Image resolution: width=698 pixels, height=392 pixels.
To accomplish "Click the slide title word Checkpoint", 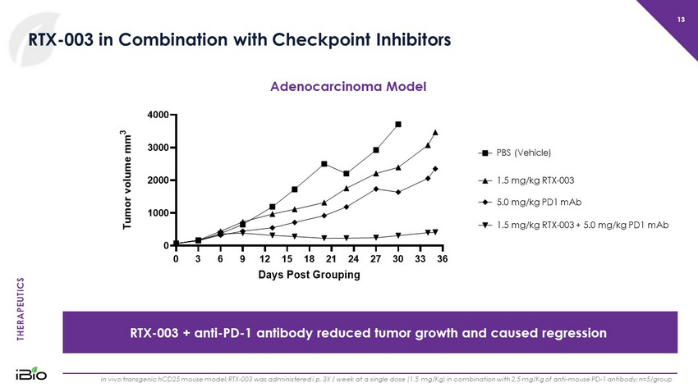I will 273,39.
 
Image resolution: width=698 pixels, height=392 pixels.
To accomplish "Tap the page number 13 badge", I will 681,20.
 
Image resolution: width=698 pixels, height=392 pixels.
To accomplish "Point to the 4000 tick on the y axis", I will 158,114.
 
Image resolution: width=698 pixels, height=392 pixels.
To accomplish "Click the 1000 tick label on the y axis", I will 158,212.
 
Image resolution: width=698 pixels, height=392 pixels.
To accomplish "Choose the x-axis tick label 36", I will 442,258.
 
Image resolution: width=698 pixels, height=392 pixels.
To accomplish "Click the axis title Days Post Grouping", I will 309,275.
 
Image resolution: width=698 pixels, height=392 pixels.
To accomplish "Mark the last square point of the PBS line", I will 398,124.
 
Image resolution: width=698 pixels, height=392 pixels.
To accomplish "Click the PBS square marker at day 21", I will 324,164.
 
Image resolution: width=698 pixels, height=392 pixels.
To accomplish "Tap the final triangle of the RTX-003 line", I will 435,132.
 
